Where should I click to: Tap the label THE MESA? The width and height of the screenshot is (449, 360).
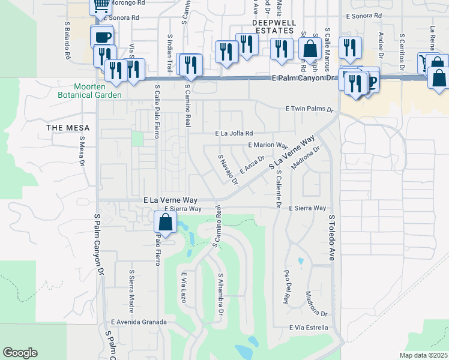point(68,128)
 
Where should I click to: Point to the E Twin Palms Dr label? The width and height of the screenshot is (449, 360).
point(309,110)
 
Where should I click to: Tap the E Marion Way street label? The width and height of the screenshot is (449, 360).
point(268,145)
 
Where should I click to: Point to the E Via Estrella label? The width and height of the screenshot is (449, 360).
point(308,328)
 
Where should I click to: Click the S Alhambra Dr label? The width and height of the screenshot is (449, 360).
point(220,295)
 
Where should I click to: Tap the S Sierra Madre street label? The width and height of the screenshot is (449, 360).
point(131,291)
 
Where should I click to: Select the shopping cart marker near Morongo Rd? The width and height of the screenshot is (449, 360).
point(101,6)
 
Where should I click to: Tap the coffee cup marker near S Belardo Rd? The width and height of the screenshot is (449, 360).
point(102,37)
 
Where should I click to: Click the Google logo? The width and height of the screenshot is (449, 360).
point(20,353)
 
